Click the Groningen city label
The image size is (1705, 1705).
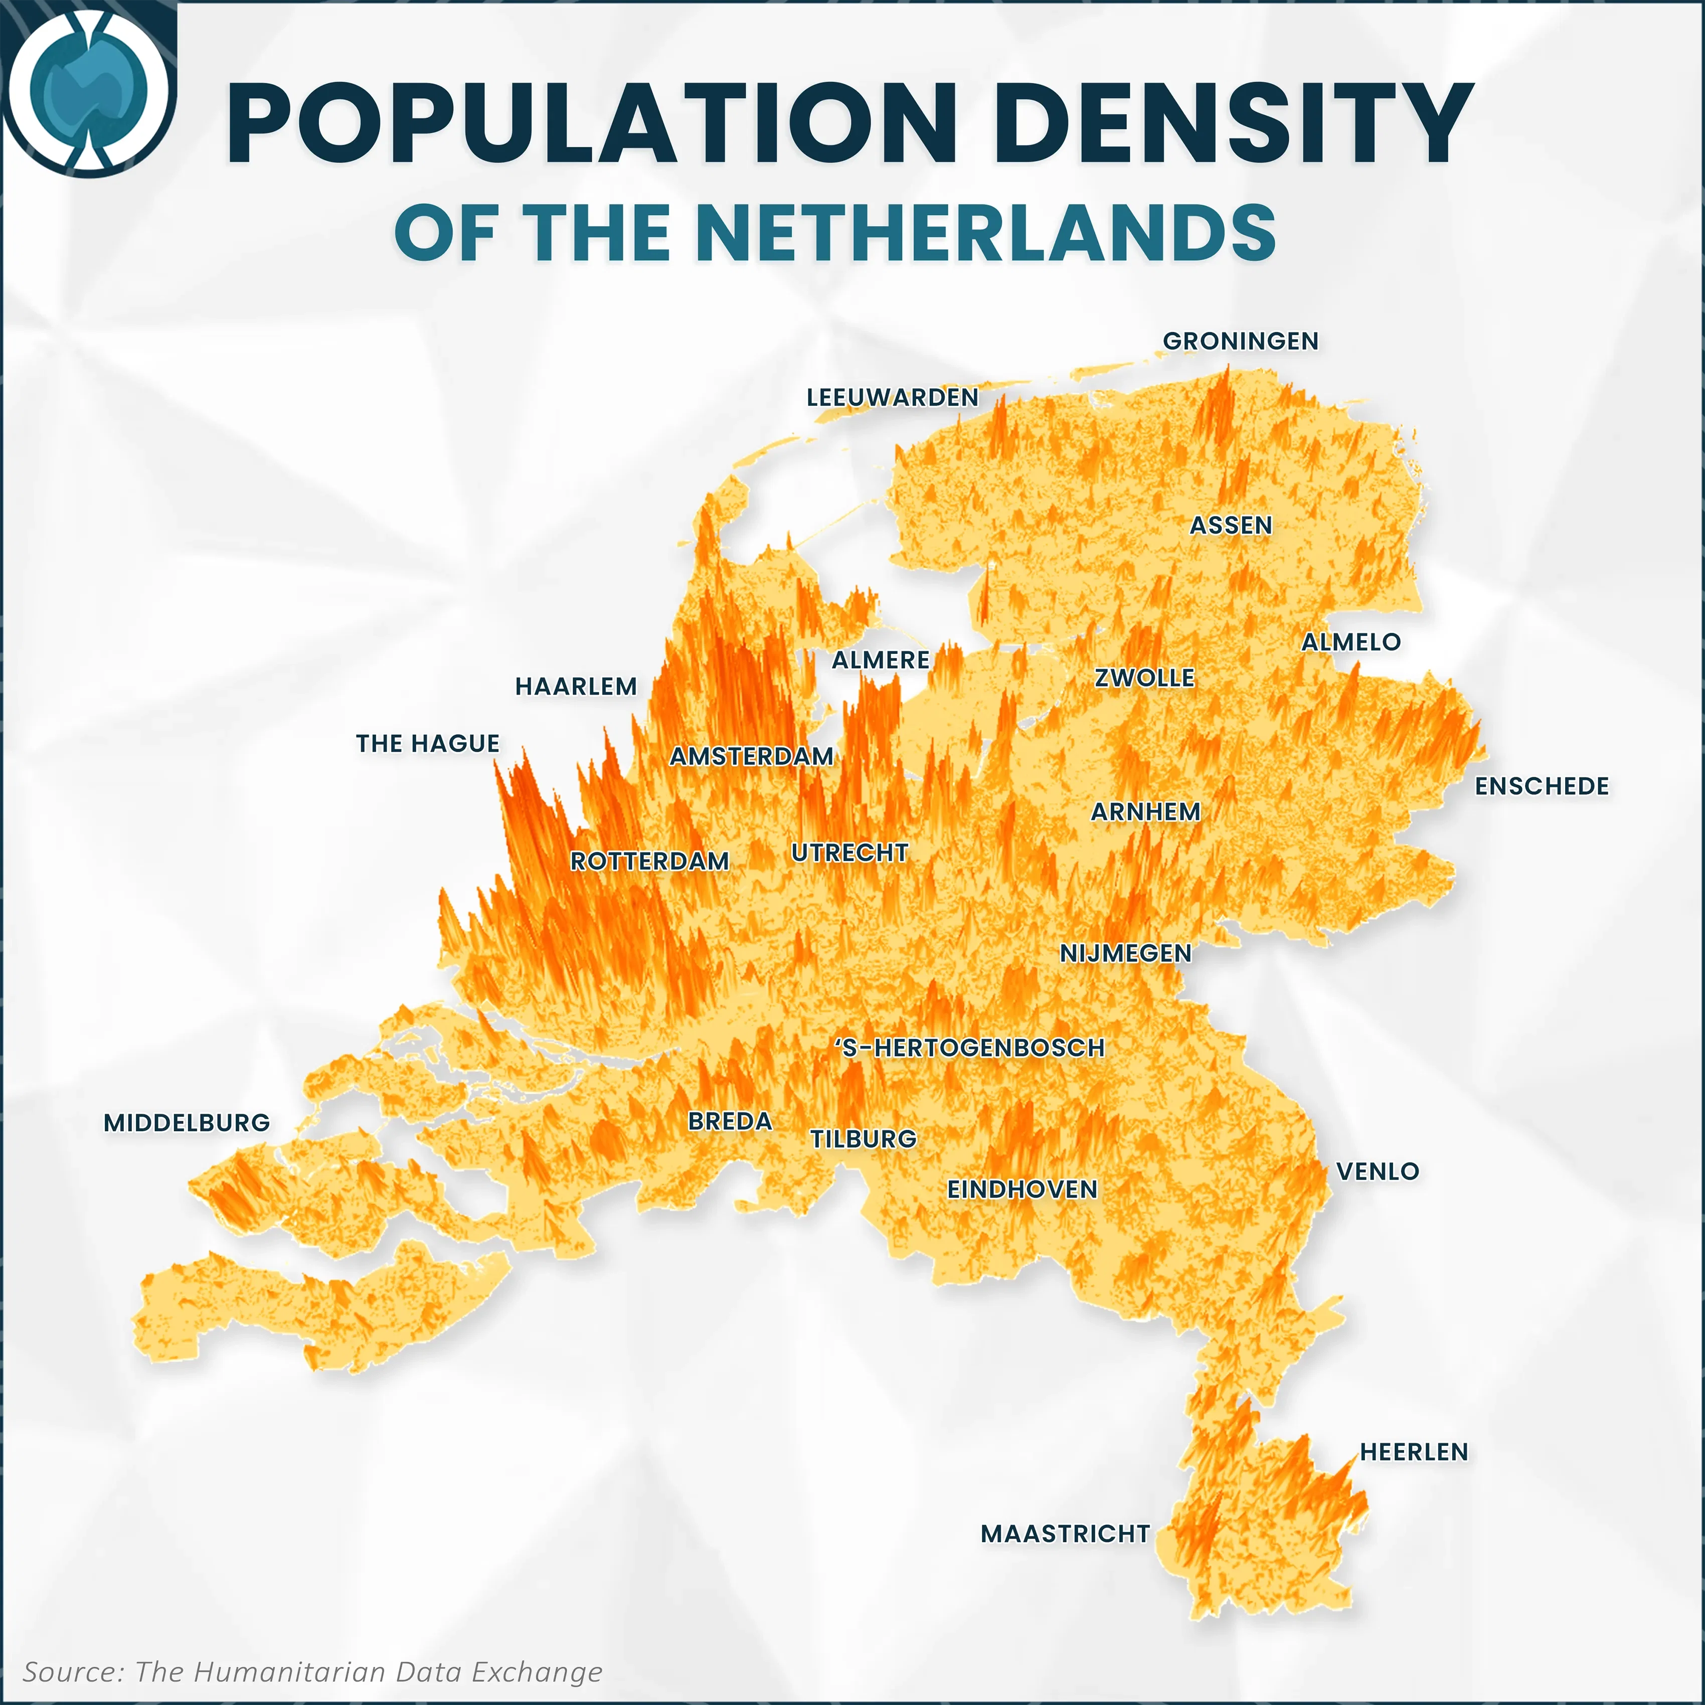click(x=1240, y=342)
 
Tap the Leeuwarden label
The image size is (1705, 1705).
click(x=892, y=398)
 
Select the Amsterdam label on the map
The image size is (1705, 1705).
click(x=751, y=756)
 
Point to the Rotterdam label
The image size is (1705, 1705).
click(x=649, y=862)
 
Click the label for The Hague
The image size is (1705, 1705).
click(x=428, y=744)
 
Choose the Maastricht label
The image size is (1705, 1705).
click(x=1065, y=1534)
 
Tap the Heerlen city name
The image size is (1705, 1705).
click(x=1414, y=1452)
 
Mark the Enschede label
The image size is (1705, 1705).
click(x=1542, y=786)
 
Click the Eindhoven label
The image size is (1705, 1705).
click(x=1022, y=1189)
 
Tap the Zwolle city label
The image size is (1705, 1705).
click(x=1145, y=678)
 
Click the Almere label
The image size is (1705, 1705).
click(x=881, y=660)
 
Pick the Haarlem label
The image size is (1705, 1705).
click(x=575, y=687)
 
